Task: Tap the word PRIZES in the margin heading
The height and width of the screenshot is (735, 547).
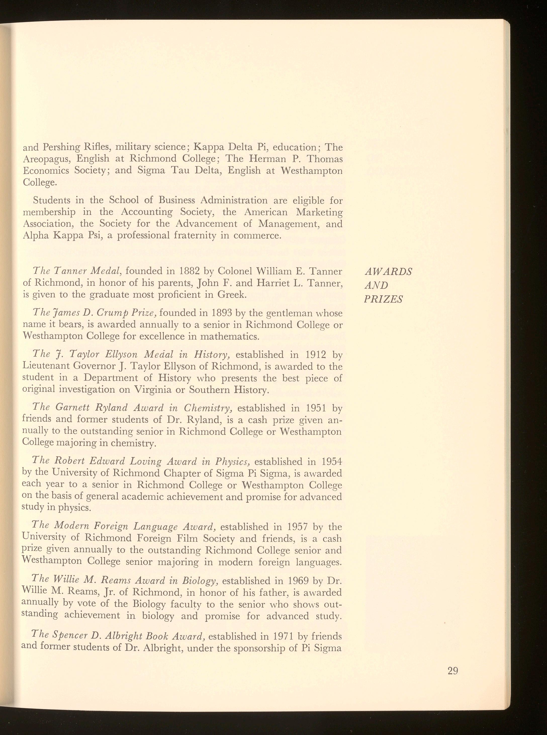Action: [x=383, y=299]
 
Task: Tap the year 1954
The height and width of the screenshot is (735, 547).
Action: [x=329, y=462]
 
